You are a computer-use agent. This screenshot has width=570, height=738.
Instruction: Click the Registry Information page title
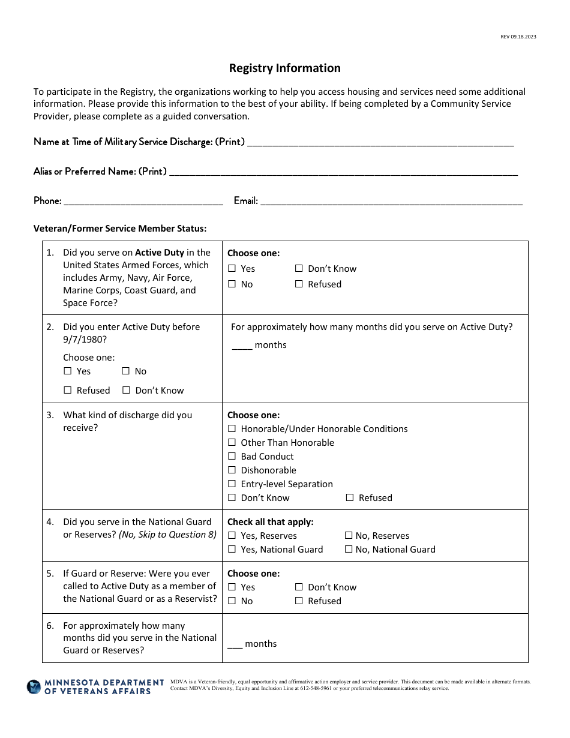coord(284,68)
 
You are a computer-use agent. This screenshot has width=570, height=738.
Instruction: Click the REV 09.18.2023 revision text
coord(518,37)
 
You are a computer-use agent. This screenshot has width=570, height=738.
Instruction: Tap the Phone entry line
coord(143,202)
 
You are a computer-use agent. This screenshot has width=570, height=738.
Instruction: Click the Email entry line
coord(391,202)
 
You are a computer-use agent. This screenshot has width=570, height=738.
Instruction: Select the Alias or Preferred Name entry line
coord(343,172)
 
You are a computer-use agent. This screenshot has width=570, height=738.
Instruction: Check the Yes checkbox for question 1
coord(232,269)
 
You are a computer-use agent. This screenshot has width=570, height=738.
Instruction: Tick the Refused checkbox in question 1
coord(299,284)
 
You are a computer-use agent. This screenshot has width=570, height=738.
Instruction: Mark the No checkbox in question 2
coord(127,371)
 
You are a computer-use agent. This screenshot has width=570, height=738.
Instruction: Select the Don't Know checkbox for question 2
coord(127,391)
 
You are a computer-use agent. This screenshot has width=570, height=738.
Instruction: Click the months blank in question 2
coord(242,346)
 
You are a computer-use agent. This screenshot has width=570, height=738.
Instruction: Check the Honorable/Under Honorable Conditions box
coord(232,429)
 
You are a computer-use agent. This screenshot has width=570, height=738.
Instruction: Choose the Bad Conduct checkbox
coord(232,457)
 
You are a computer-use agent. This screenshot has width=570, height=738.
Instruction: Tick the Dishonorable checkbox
coord(232,470)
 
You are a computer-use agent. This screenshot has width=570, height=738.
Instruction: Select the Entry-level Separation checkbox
coord(232,484)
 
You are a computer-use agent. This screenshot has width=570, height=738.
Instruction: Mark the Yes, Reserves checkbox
coord(232,536)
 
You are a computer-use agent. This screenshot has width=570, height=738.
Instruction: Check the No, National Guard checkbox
coord(349,550)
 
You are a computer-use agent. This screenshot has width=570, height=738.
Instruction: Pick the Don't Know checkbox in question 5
coord(299,587)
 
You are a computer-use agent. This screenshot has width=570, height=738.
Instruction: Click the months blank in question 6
coord(235,644)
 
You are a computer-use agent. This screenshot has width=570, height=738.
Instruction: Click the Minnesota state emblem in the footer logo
coord(34,687)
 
